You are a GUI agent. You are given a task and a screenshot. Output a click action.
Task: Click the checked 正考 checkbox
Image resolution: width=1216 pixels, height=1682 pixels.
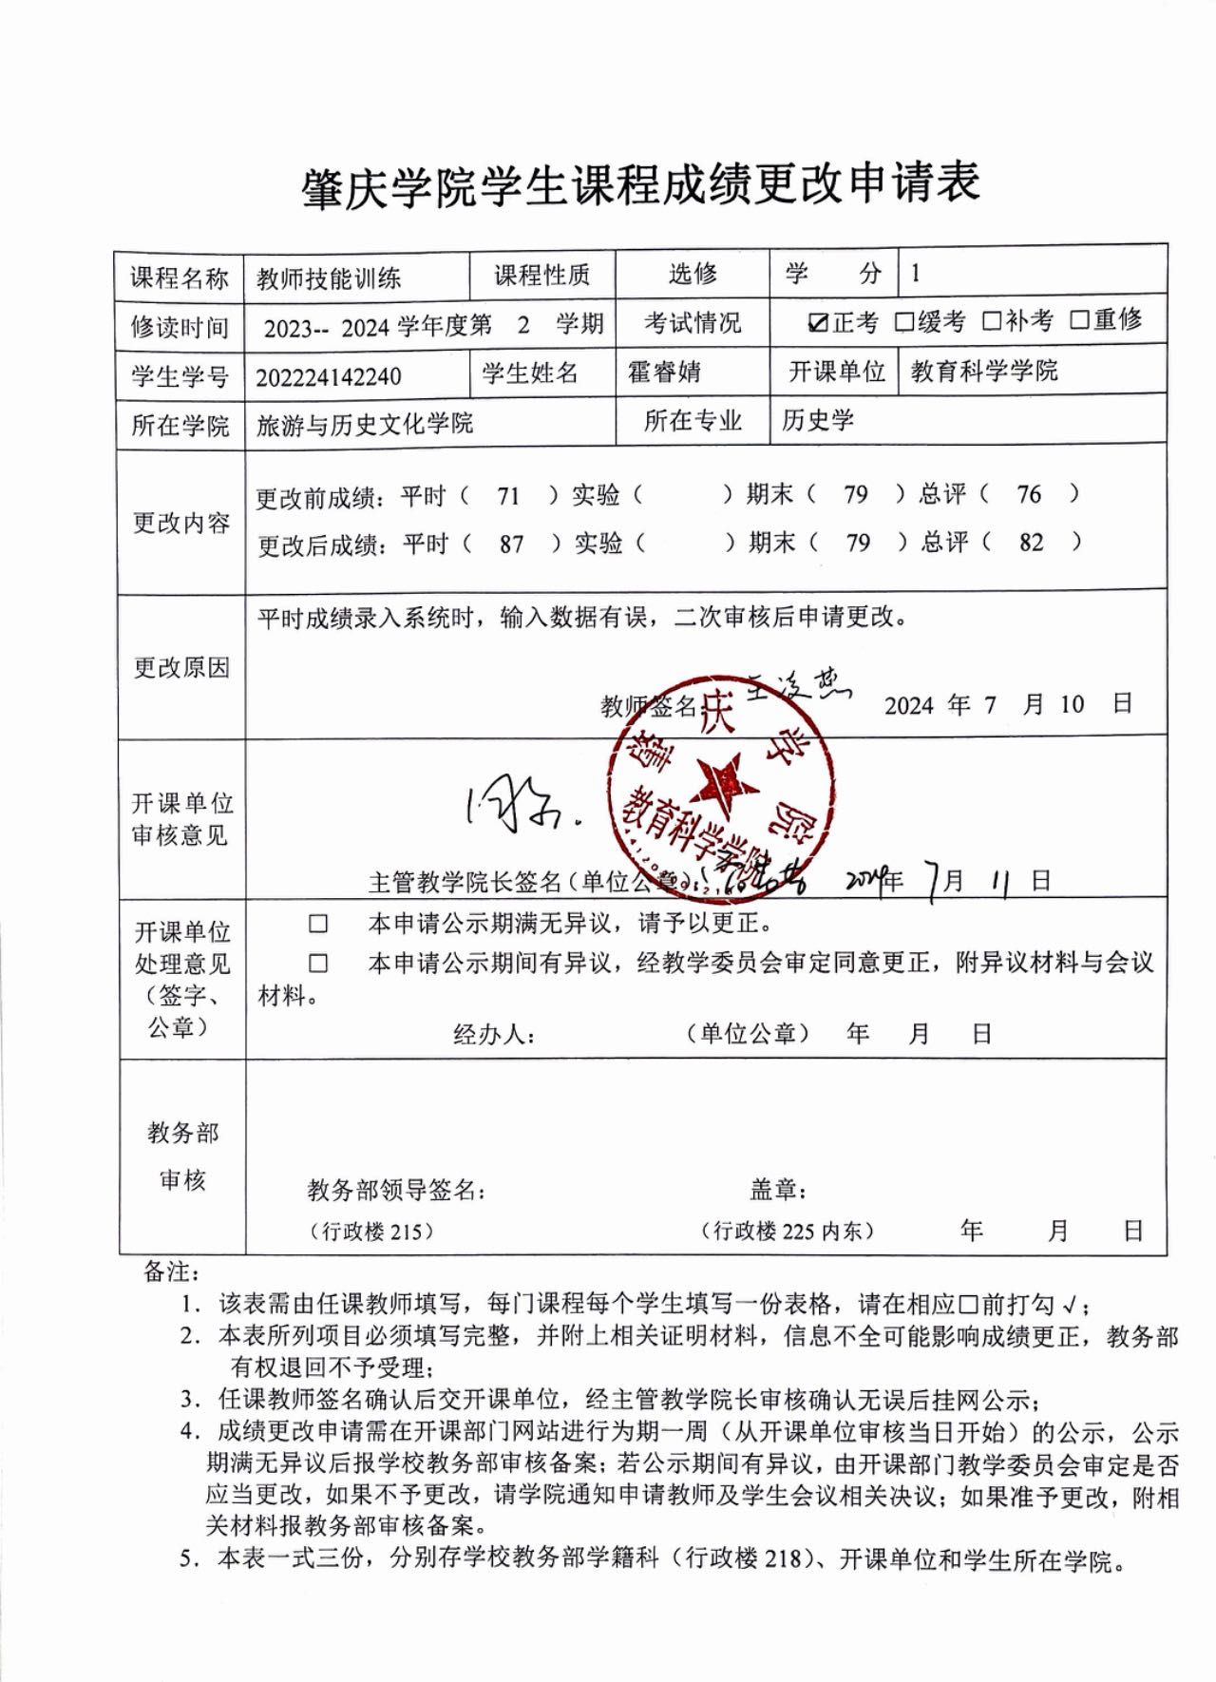point(817,323)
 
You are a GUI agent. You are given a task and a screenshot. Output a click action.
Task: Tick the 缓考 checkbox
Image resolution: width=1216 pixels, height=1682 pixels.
point(903,322)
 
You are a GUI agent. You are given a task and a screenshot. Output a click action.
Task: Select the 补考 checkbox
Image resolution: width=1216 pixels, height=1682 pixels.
point(992,321)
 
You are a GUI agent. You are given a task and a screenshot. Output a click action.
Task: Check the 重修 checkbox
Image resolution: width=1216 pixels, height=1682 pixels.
point(1079,320)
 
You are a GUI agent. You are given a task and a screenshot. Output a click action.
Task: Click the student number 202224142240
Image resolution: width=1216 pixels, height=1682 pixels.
point(328,376)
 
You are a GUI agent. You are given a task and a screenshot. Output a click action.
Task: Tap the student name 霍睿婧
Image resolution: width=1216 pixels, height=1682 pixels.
point(664,372)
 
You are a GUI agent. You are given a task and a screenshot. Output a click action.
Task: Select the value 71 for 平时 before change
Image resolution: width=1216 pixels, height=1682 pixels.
point(508,495)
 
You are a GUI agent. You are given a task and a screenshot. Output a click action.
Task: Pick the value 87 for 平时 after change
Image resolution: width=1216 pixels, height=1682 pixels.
point(511,545)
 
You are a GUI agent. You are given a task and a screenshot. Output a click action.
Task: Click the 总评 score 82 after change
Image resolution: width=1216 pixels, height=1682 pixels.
point(1031,543)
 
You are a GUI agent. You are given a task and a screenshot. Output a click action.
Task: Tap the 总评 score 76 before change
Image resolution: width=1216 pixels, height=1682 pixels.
point(1029,494)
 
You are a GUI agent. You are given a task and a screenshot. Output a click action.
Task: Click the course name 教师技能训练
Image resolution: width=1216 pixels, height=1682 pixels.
point(329,278)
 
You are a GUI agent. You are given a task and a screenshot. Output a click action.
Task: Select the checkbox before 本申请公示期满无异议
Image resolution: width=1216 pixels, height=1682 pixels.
point(317,924)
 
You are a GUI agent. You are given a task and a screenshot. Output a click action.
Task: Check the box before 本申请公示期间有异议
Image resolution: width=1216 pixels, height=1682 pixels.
point(317,964)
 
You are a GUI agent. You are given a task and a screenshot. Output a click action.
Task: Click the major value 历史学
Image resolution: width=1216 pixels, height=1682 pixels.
point(818,420)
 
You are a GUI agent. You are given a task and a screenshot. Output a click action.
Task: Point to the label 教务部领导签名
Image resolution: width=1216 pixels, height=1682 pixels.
point(395,1190)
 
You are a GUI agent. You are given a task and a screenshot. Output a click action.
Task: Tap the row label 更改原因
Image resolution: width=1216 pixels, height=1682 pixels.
point(180,667)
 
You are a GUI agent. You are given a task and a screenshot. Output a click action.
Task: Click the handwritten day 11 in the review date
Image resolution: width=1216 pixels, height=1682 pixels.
point(999,882)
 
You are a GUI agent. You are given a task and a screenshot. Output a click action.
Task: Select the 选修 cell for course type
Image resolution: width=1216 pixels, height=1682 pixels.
point(692,275)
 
